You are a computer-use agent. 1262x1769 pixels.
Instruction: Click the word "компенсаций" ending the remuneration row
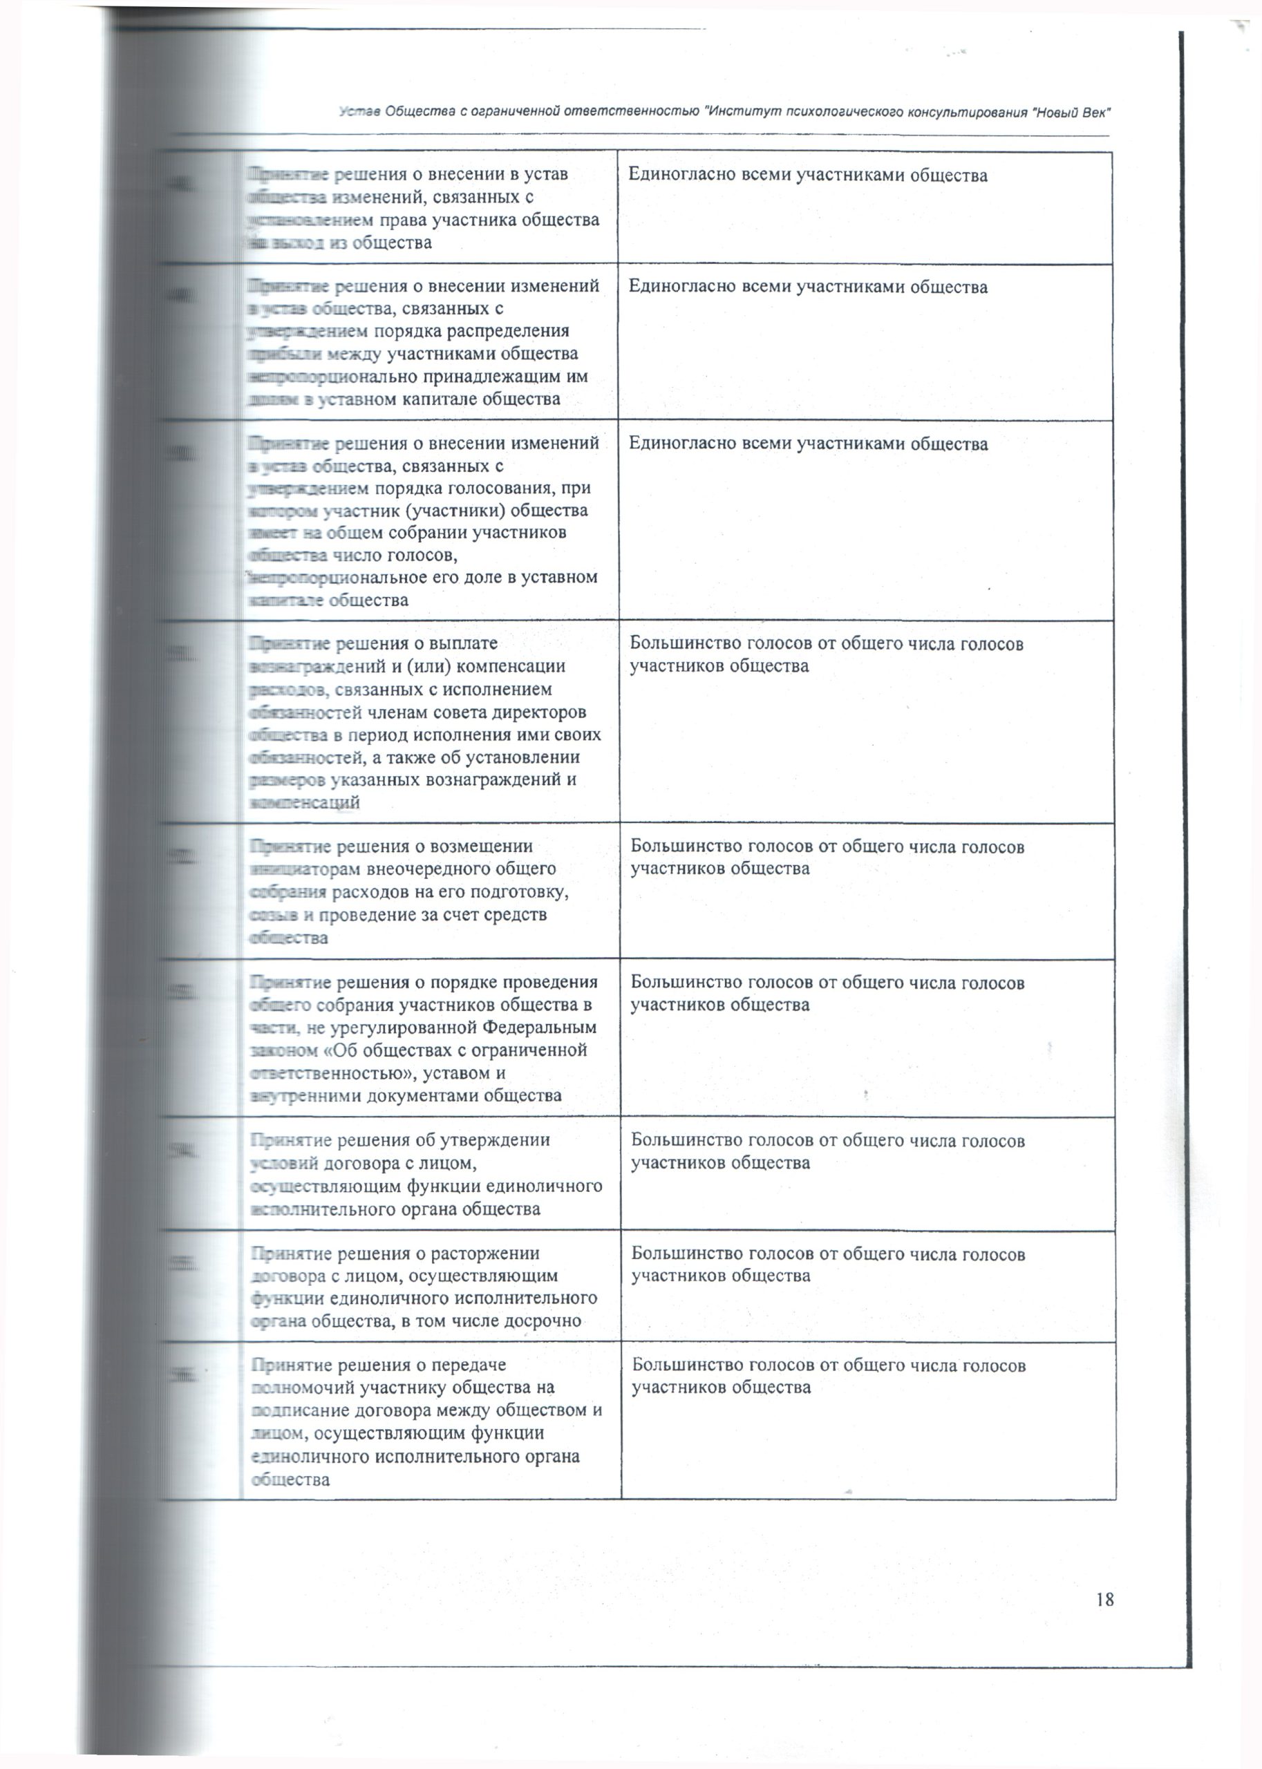[x=304, y=802]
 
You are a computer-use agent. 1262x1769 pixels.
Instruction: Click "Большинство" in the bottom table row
[x=683, y=1365]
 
